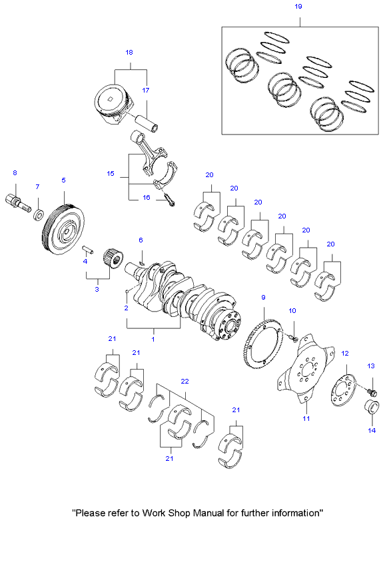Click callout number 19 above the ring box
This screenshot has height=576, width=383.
[x=298, y=6]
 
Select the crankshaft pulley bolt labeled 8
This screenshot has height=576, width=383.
[x=18, y=204]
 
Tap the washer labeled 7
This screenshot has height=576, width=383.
[x=39, y=214]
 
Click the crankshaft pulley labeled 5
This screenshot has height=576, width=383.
[x=61, y=230]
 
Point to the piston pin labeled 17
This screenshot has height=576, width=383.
[x=147, y=123]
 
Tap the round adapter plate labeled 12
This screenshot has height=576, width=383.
[x=342, y=390]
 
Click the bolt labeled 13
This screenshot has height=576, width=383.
[x=372, y=392]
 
